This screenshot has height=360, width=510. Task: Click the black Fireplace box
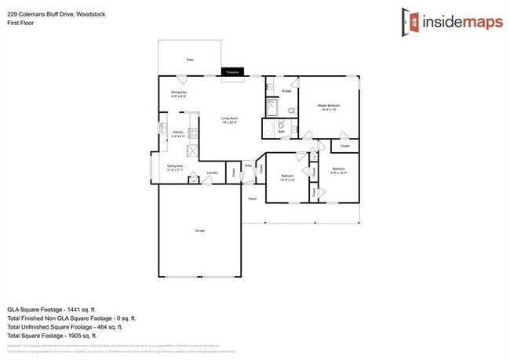pos(231,72)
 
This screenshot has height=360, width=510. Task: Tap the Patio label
pos(189,60)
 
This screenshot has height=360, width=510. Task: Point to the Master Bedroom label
pos(327,105)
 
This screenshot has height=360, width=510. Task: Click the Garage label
pos(200,231)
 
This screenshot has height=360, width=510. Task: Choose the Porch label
pos(253,199)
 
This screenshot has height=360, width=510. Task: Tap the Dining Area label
pos(179,93)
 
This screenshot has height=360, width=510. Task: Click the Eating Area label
pos(175,166)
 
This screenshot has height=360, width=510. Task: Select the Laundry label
pos(212,173)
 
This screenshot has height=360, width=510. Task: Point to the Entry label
pos(248,165)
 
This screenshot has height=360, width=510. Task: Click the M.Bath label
pos(287,92)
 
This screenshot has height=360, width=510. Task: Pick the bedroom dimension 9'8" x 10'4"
pos(339,173)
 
